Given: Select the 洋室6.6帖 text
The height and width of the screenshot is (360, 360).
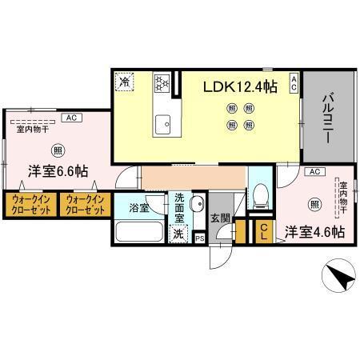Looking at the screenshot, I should pos(58,171).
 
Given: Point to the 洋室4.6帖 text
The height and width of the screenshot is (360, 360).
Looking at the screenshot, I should pos(315,232).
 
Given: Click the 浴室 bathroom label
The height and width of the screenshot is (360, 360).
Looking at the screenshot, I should pos(138,208).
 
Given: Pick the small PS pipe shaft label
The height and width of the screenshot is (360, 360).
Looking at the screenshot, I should pos(199,238).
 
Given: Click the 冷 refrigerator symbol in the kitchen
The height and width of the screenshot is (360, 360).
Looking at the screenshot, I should pos(125,81).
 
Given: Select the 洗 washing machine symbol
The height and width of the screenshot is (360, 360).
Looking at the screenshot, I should pos(178,236).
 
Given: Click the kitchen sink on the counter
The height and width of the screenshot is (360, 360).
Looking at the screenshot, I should pos(166,122).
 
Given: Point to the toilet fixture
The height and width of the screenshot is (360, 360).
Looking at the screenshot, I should pos(259,195).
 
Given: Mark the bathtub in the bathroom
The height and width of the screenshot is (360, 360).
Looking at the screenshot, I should pos(138,233).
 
